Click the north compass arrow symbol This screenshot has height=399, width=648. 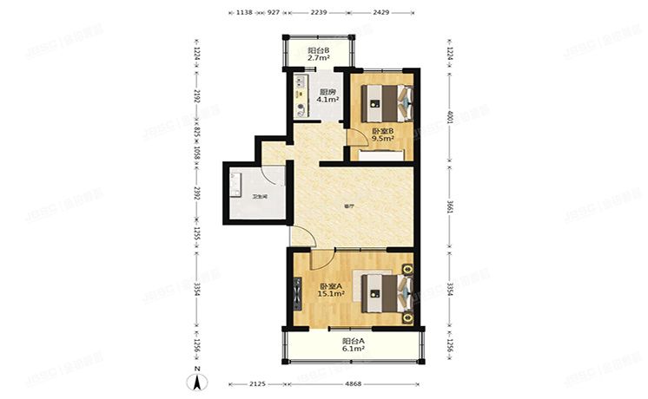pos(199,378)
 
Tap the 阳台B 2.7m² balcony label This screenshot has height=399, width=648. pos(318,55)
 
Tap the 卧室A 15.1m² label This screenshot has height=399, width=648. pos(330,291)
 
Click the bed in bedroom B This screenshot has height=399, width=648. pos(387,103)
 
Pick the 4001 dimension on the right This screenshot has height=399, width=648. pos(449,119)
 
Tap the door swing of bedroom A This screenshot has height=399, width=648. pos(319,257)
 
